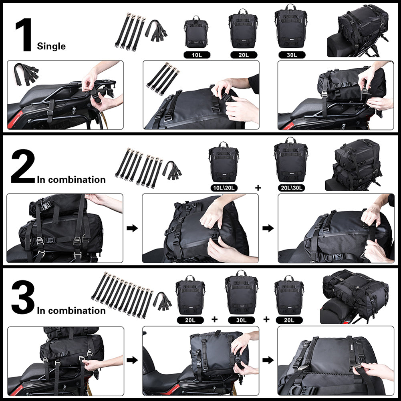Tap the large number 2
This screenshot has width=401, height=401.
23,167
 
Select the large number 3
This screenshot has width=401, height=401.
23,298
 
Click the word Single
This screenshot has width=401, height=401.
51,46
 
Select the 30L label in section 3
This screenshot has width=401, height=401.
241,320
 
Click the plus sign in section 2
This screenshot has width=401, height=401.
257,187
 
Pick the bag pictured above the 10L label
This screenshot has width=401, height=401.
196,33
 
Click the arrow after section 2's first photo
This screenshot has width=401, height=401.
133,228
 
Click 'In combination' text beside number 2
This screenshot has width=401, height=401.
71,179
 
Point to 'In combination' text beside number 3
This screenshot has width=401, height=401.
71,310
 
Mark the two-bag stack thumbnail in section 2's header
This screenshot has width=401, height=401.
356,164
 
